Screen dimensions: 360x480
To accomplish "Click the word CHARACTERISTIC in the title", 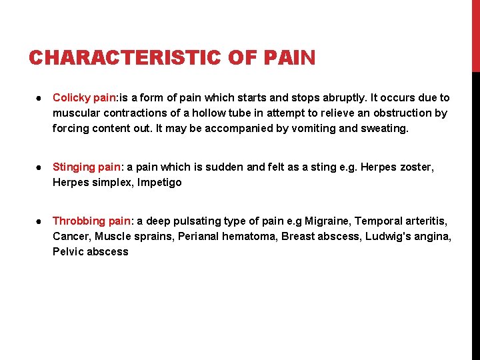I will click(x=124, y=58).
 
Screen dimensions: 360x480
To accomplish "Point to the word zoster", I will click(x=417, y=167).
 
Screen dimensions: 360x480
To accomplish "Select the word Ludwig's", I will click(x=387, y=236).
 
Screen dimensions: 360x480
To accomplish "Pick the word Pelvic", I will click(x=67, y=251).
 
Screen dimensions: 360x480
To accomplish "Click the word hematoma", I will click(x=249, y=236).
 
